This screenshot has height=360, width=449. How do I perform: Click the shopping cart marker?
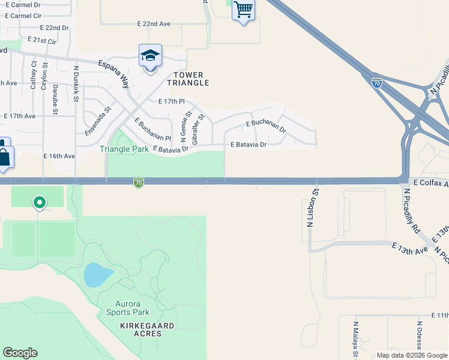click(243, 10)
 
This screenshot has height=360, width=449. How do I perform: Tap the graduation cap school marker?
click(150, 56)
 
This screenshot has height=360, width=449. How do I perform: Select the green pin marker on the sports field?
click(40, 203)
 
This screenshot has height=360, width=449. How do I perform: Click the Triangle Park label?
click(124, 149)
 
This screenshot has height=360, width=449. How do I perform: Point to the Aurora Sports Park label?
click(128, 308)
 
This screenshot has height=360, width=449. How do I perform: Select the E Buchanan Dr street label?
click(266, 127)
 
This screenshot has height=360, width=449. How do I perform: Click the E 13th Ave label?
click(410, 248)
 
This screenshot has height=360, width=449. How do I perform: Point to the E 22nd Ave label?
click(154, 24)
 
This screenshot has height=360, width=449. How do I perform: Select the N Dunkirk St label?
click(76, 80)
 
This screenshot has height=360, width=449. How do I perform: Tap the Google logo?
click(20, 353)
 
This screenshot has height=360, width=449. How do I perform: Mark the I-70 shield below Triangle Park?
click(139, 181)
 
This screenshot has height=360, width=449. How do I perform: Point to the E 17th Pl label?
click(172, 102)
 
